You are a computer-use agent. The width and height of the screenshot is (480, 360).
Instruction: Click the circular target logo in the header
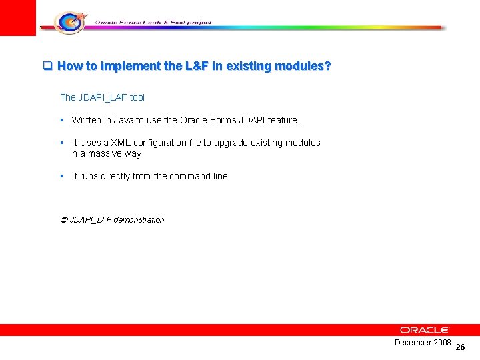click(x=69, y=22)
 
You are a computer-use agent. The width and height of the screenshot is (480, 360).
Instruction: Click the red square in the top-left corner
click(x=18, y=17)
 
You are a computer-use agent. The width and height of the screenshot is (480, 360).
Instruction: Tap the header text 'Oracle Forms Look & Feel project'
click(x=153, y=22)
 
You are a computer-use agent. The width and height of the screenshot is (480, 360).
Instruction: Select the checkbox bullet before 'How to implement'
click(x=47, y=66)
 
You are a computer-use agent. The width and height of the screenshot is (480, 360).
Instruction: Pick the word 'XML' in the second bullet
click(x=122, y=143)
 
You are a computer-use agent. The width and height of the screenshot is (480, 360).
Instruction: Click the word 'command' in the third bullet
click(x=191, y=176)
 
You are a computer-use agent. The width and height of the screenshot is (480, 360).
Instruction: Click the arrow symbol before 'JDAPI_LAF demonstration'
click(x=64, y=219)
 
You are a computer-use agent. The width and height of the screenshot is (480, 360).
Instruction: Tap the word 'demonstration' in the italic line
click(x=139, y=219)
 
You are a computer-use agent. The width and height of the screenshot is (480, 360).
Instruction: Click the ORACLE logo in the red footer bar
click(x=425, y=330)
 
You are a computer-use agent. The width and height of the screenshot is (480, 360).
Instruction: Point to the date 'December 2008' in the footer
click(x=423, y=342)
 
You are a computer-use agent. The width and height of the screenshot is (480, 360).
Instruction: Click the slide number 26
click(x=460, y=347)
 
